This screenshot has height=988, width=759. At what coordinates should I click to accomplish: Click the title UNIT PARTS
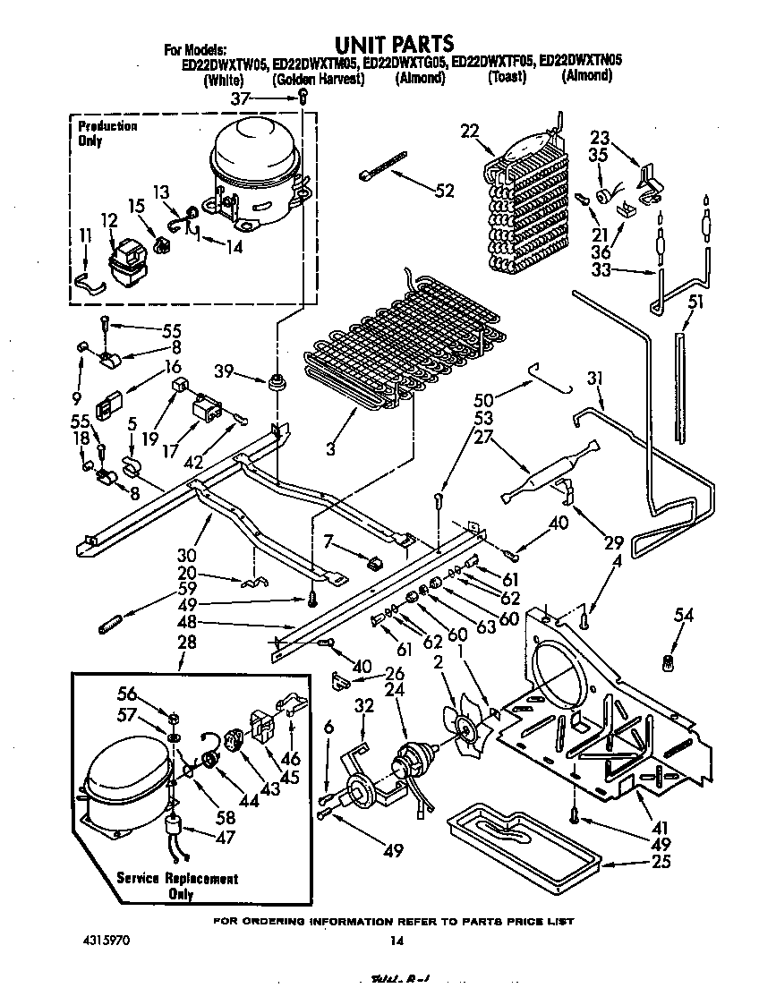click(x=394, y=43)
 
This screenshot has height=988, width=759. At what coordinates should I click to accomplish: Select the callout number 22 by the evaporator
click(x=469, y=131)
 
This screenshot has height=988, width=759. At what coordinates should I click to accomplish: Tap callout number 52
click(x=443, y=191)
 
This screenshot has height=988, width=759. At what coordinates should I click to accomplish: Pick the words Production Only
click(x=107, y=133)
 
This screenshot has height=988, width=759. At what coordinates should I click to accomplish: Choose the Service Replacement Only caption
click(x=178, y=886)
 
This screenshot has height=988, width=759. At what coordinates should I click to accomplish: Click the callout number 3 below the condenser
click(x=331, y=447)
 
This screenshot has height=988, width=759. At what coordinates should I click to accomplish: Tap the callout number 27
click(x=484, y=438)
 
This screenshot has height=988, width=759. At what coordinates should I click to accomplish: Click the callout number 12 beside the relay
click(x=108, y=219)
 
